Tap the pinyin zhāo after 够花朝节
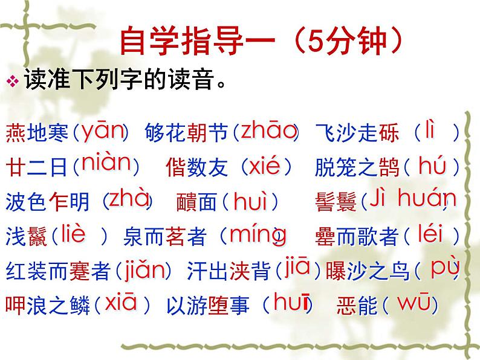click(x=268, y=130)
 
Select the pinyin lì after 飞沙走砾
click(x=430, y=129)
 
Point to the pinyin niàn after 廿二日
click(x=106, y=163)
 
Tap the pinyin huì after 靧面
click(x=254, y=201)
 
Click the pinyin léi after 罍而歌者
click(x=430, y=233)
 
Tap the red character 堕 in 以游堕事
click(x=217, y=306)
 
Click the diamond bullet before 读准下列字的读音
click(x=15, y=81)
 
